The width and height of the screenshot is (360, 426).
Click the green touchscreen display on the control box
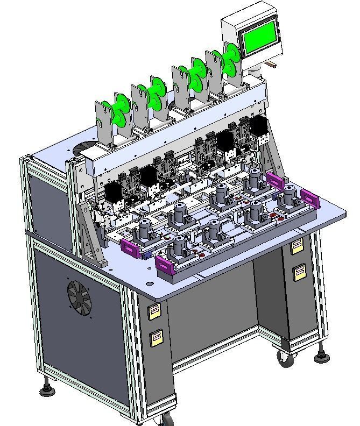coord(261,39)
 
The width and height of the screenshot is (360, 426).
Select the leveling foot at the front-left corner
coord(47,389)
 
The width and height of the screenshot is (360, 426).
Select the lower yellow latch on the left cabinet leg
coord(156,338)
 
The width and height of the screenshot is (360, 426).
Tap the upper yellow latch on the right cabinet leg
coord(297,247)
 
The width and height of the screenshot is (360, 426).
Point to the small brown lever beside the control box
coord(272,65)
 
